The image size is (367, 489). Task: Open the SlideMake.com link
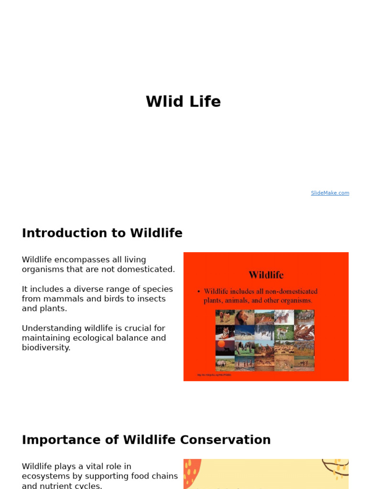pos(330,193)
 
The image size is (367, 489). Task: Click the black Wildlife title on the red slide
pos(266,275)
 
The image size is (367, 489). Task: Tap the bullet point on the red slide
pos(199,291)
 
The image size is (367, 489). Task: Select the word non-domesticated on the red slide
pos(290,291)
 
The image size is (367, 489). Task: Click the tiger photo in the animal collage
pos(225,332)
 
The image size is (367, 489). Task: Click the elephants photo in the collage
pos(244,348)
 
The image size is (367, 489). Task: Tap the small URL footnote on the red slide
pos(214,375)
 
